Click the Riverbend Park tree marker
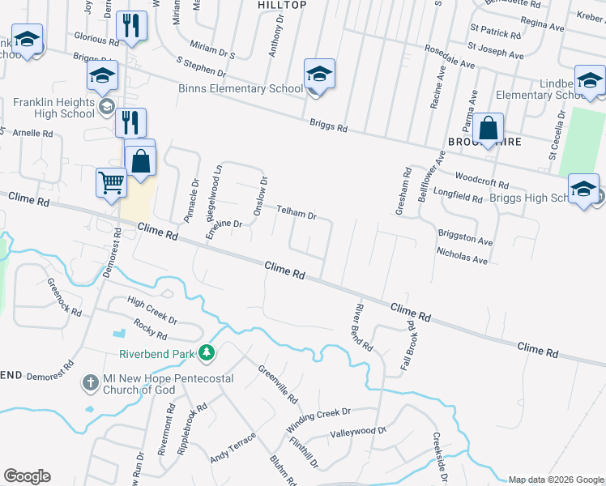pos(207,352)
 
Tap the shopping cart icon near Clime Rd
pos(112,182)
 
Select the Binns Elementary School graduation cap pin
pos(319,75)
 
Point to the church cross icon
pos(91,381)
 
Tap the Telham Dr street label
pos(296,213)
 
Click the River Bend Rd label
pos(362,327)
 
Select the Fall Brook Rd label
pos(408,345)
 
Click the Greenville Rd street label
pos(278,385)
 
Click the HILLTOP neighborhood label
pos(282,5)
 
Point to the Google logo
pos(27,476)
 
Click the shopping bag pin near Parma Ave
pos(488,129)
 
